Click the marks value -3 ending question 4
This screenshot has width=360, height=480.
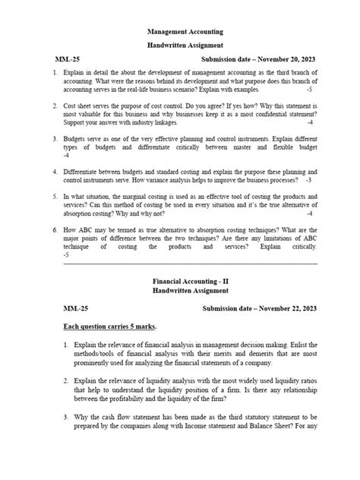[x=308, y=182]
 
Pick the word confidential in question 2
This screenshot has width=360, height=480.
[x=252, y=113]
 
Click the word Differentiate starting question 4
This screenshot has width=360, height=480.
[x=85, y=172]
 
